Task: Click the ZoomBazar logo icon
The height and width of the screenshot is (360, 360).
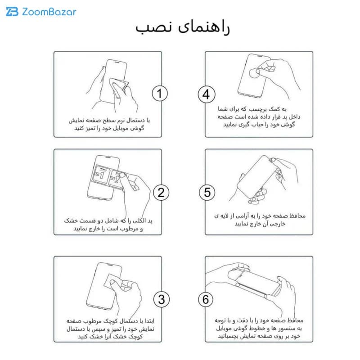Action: (12, 12)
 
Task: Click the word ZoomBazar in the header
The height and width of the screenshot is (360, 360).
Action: (49, 12)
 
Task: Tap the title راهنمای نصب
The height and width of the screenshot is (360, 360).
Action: (183, 28)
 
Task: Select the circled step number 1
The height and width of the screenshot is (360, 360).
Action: (160, 94)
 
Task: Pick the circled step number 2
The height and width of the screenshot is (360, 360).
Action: (161, 193)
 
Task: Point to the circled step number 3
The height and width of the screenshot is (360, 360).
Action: (162, 299)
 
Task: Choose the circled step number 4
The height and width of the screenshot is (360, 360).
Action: (207, 94)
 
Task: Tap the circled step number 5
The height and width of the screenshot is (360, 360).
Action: (207, 192)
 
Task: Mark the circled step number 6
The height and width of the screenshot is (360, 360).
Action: (206, 299)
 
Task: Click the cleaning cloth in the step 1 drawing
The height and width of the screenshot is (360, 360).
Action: (119, 86)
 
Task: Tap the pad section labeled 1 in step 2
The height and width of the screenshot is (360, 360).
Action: (101, 175)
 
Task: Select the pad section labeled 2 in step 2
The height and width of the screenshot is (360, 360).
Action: (116, 179)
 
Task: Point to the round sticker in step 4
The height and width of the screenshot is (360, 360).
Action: (254, 73)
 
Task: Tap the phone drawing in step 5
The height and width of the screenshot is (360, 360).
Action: (257, 177)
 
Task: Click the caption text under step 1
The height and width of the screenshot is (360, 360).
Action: (109, 124)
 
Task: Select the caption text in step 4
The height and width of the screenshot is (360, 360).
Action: (259, 117)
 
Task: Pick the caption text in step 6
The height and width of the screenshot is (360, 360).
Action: (259, 328)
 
